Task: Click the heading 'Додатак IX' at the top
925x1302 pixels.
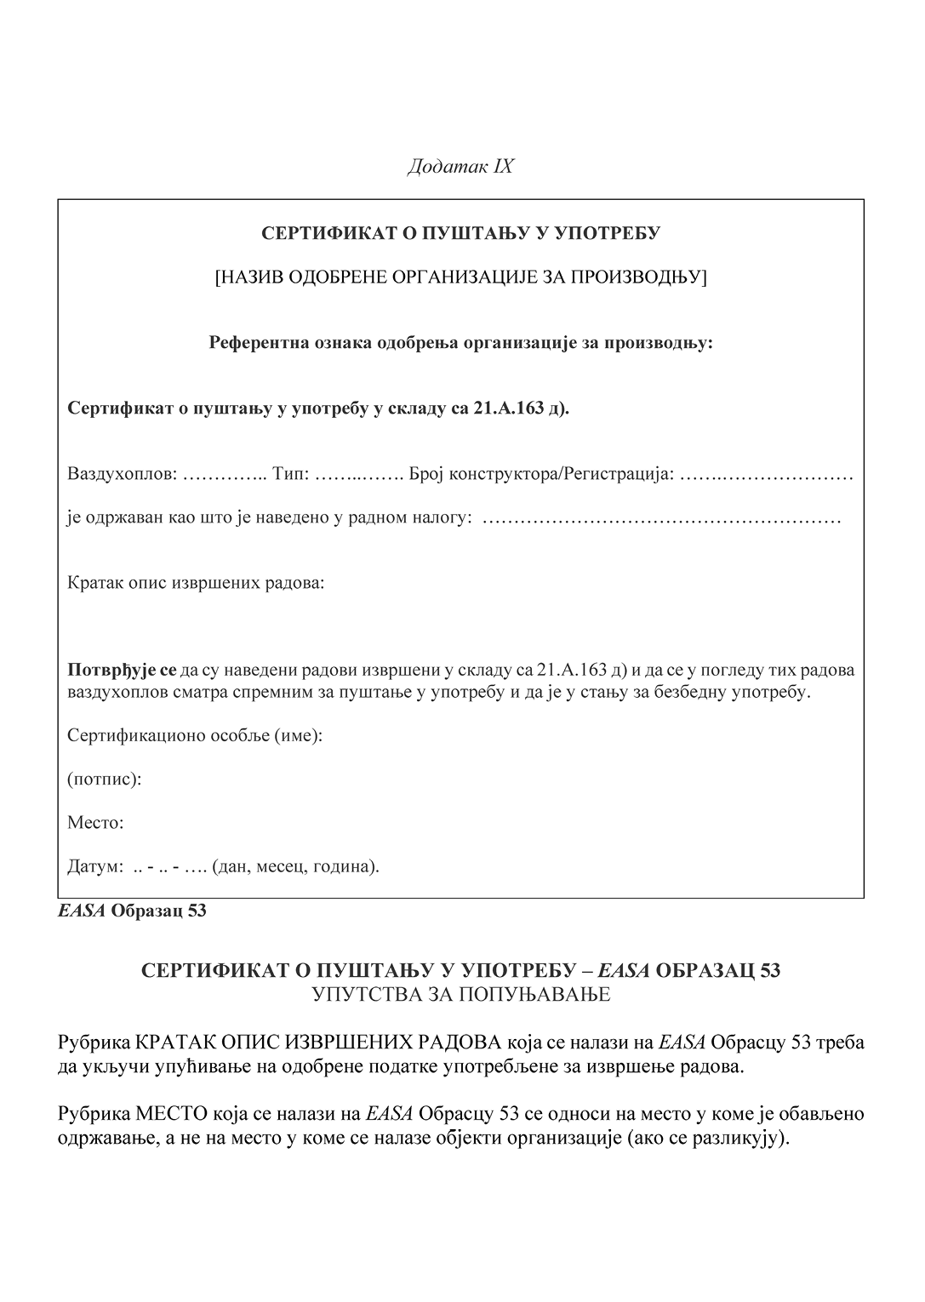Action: (x=460, y=166)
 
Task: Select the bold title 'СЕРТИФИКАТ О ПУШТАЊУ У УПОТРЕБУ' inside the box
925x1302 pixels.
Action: (x=460, y=233)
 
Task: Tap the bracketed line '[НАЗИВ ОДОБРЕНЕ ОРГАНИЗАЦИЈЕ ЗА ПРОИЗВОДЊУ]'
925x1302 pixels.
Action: (x=460, y=277)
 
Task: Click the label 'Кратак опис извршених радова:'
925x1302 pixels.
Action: (x=196, y=585)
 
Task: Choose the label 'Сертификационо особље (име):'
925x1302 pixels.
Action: (x=195, y=735)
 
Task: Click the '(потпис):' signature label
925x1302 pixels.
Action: (x=104, y=779)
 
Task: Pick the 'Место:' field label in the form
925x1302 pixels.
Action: (x=95, y=824)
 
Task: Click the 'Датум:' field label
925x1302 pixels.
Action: (x=95, y=867)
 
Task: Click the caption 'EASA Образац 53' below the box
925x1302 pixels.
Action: (x=132, y=911)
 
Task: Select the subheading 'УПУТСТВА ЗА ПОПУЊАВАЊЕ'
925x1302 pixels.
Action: (x=460, y=994)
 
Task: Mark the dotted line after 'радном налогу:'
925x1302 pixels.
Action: (x=662, y=517)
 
